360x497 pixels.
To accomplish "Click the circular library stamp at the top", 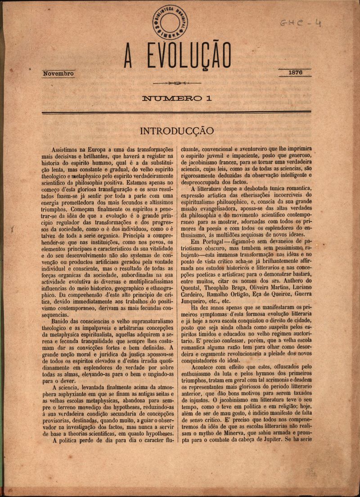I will [x=170, y=22].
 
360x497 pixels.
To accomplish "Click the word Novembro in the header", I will [x=58, y=73].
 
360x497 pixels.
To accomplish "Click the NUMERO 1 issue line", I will [x=177, y=98].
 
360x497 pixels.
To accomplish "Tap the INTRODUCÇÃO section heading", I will [x=176, y=131].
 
